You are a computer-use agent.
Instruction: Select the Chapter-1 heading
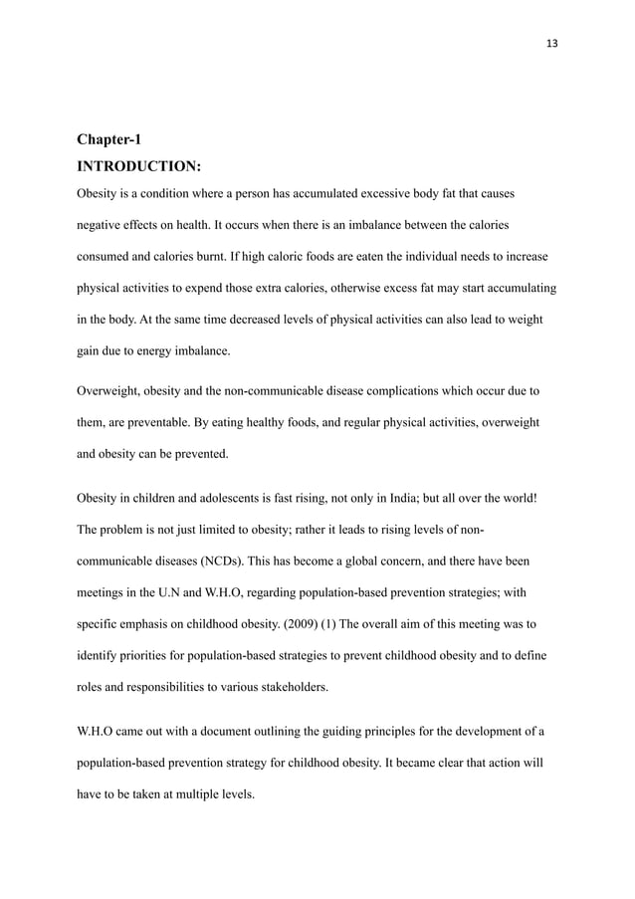(x=108, y=139)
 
